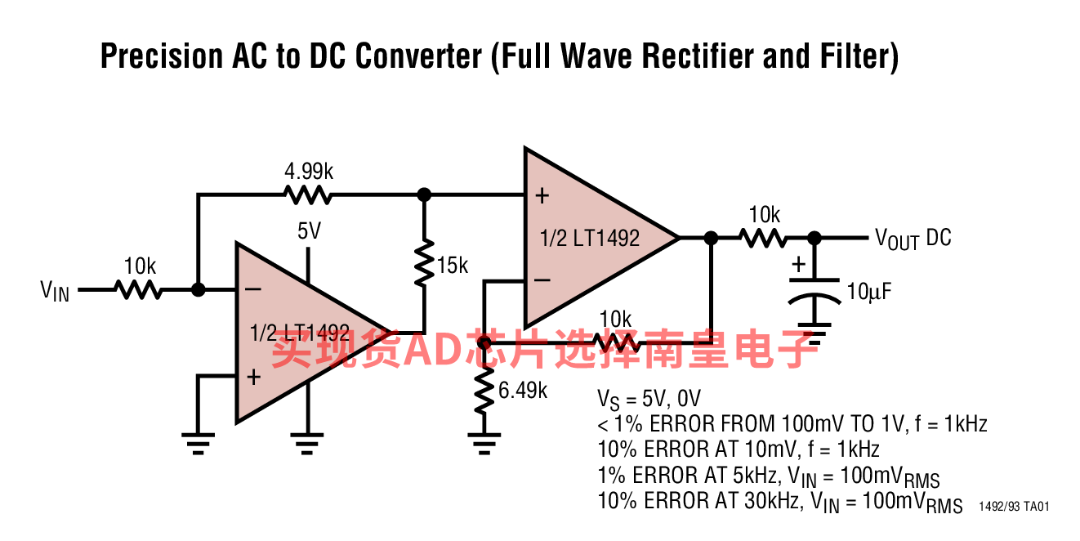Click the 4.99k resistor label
[x=309, y=171]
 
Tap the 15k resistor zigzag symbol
[x=424, y=263]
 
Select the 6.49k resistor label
[x=523, y=391]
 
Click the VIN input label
[x=55, y=291]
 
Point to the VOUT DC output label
[x=913, y=239]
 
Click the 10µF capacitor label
[x=869, y=292]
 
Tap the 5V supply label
[x=309, y=231]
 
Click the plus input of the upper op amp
[x=542, y=196]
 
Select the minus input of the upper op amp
[x=542, y=280]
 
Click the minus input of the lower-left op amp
[x=253, y=289]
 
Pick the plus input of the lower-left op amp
[x=253, y=377]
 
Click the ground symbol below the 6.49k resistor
[x=484, y=444]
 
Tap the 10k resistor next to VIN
[x=138, y=290]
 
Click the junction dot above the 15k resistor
[x=424, y=194]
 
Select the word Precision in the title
[x=162, y=56]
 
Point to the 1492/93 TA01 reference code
[x=1014, y=507]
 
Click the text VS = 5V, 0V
[x=649, y=400]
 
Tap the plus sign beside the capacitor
[x=798, y=264]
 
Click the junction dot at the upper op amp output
[x=711, y=238]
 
